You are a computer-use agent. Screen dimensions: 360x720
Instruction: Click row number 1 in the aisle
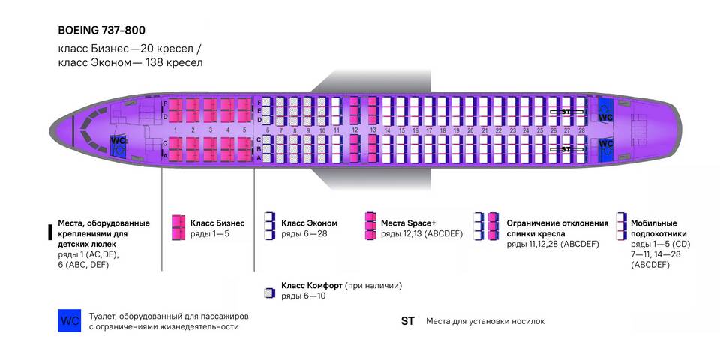(x=175, y=130)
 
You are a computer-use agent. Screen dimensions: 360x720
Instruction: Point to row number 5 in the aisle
(x=244, y=130)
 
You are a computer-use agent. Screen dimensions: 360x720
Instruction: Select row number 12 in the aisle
(x=355, y=130)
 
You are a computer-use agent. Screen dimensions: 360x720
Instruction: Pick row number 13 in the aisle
(x=373, y=130)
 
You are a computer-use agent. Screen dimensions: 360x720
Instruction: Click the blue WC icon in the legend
(x=70, y=320)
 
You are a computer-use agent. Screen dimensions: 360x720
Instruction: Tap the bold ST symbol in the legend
(x=407, y=321)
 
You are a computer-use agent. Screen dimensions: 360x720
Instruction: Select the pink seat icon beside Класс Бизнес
(x=178, y=227)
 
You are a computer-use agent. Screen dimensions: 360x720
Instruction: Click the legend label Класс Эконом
(x=309, y=223)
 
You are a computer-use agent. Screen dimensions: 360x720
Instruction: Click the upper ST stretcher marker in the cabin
(x=566, y=111)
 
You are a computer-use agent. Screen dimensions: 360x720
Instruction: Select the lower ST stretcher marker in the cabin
(x=566, y=149)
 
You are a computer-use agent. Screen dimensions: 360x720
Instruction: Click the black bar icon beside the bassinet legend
(x=50, y=232)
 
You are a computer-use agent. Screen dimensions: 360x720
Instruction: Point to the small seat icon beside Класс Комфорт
(x=269, y=292)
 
